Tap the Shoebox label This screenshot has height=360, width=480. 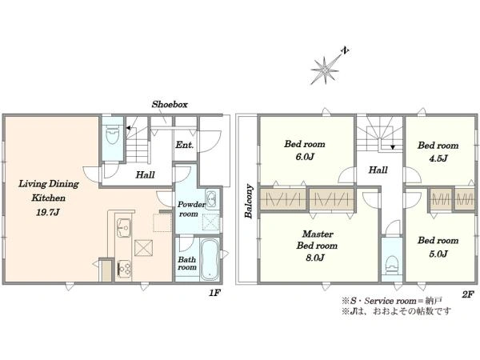(170, 104)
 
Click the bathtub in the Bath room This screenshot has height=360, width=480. (210, 259)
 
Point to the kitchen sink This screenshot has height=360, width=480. (124, 227)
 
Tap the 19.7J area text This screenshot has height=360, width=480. (48, 212)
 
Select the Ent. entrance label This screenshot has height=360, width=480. (185, 145)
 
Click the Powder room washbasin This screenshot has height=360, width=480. (211, 199)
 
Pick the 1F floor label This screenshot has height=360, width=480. (214, 293)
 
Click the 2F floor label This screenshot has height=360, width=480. (468, 294)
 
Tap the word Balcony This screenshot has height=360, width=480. (249, 201)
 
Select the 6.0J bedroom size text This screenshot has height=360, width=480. (305, 157)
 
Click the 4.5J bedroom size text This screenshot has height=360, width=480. (438, 158)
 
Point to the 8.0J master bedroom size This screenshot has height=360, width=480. (315, 258)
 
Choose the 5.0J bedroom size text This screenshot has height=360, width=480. (438, 254)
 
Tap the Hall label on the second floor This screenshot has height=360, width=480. (378, 170)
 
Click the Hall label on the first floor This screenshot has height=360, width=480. (145, 174)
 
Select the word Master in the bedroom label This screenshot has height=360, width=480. (318, 234)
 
